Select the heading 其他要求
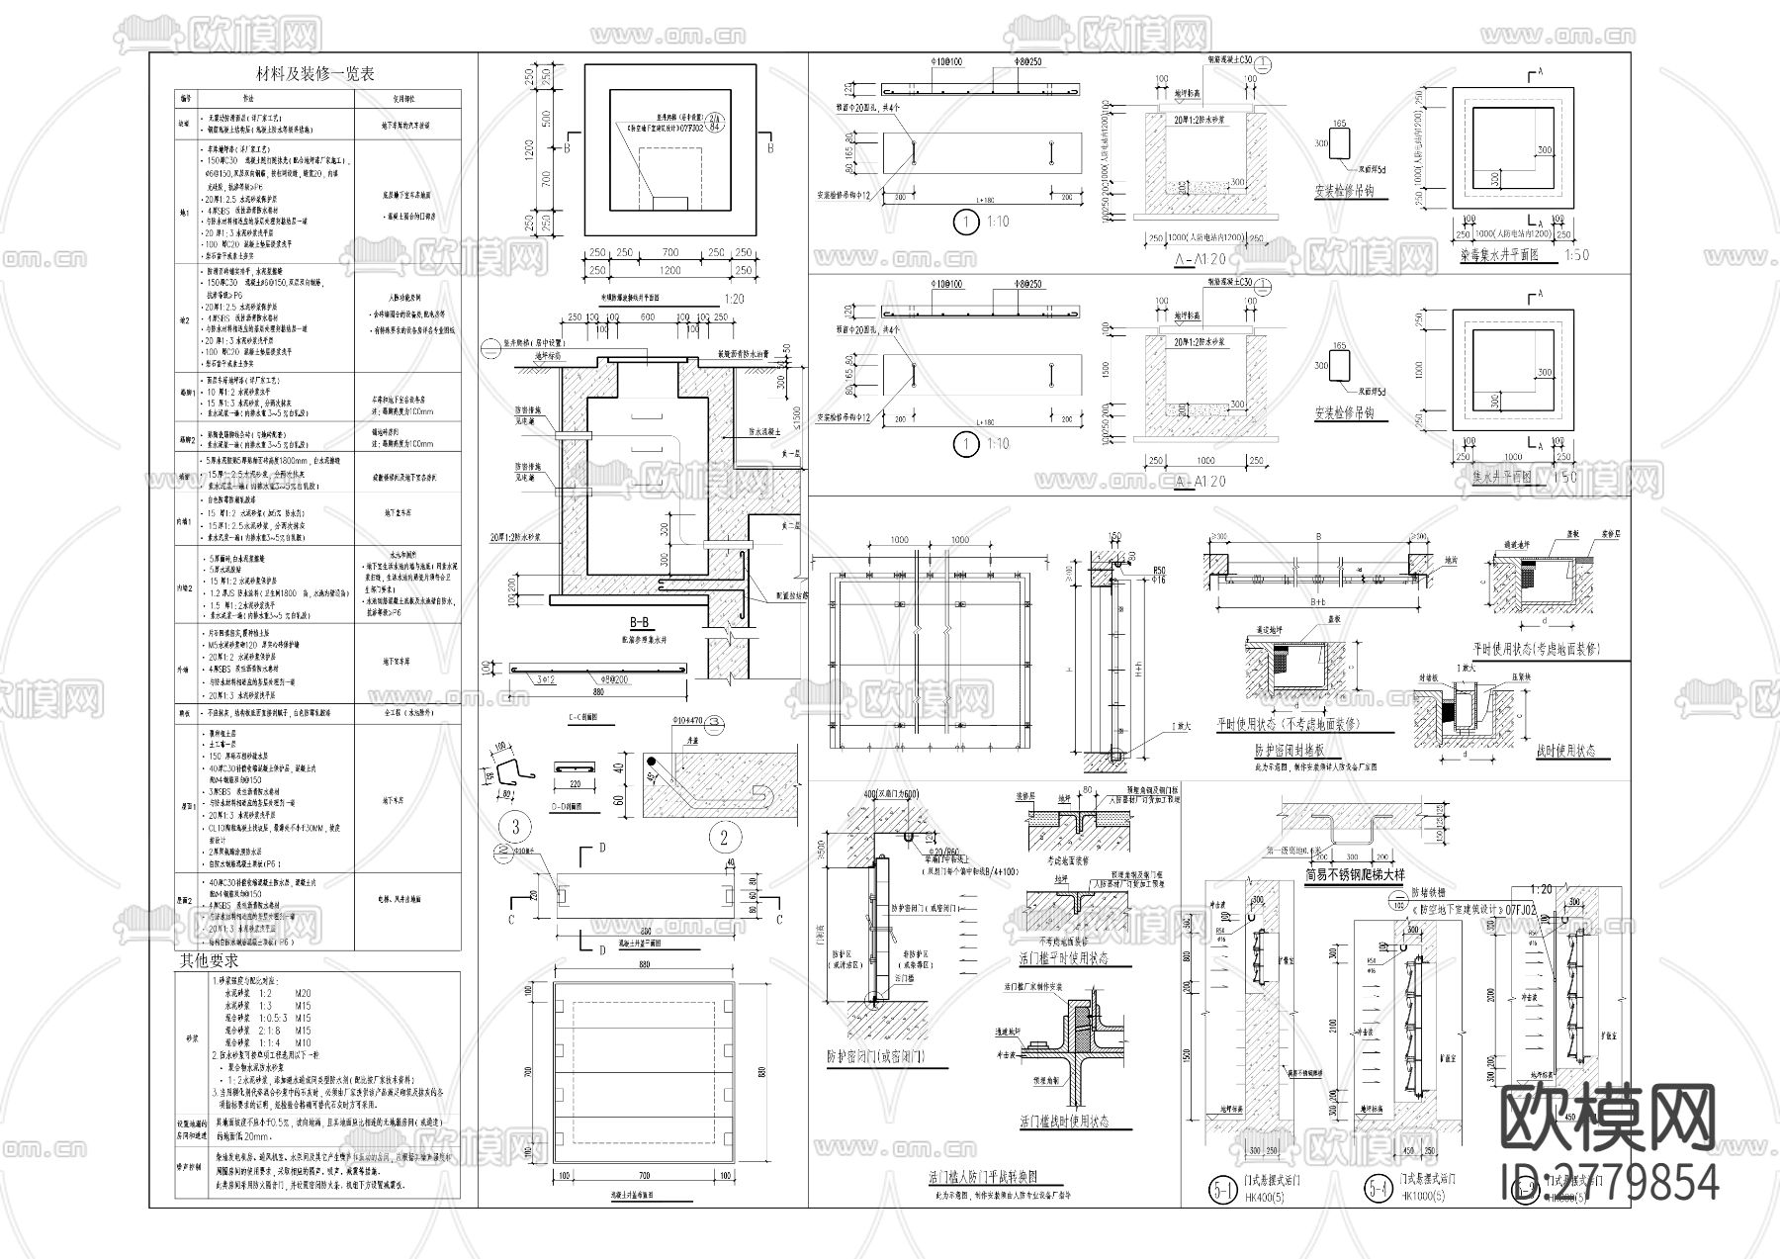[208, 959]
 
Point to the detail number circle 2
[724, 839]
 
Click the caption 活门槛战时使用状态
[1063, 1122]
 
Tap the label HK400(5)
[1267, 1197]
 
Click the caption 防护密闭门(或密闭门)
[876, 1055]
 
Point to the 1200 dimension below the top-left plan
[670, 270]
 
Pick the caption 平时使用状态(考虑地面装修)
[1536, 650]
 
